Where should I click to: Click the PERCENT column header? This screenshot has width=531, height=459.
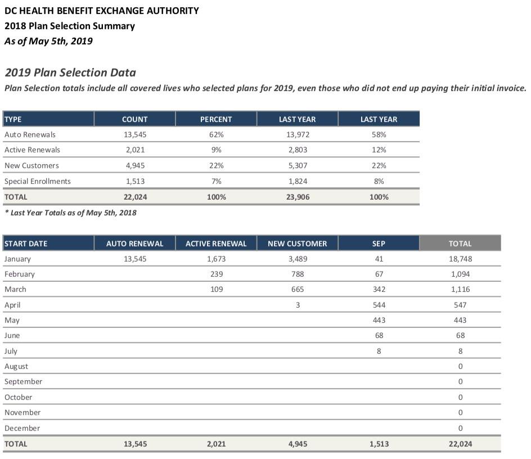click(216, 119)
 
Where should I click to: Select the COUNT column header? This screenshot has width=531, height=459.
click(134, 119)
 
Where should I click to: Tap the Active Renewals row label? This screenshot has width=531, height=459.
click(32, 150)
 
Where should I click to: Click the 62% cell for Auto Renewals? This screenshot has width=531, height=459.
click(216, 135)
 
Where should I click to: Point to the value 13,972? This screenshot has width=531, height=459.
click(298, 135)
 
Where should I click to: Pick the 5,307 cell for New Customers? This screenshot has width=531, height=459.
click(298, 166)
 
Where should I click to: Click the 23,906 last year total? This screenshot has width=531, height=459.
click(298, 197)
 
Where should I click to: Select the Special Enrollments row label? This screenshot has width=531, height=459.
click(38, 182)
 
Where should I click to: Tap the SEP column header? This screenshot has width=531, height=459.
click(379, 244)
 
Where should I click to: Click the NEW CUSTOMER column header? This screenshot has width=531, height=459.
click(297, 244)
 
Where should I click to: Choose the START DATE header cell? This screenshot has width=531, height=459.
click(26, 244)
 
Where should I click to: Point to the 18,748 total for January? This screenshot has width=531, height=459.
click(460, 259)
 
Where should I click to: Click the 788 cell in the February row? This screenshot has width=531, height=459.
click(298, 274)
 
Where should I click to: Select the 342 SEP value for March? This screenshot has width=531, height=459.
click(379, 290)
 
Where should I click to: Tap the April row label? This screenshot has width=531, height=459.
click(12, 305)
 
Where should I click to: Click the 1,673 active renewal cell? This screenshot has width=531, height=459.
click(216, 259)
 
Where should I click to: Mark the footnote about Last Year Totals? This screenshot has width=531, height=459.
click(70, 213)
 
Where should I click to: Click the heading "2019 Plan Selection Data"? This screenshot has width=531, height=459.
click(70, 73)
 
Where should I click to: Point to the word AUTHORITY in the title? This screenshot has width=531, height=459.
click(173, 11)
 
